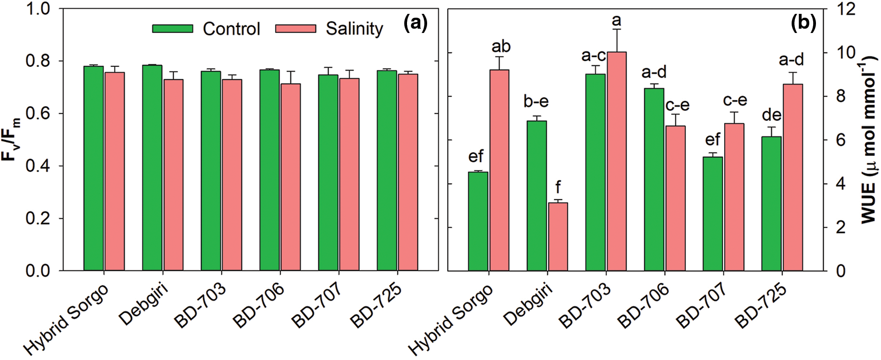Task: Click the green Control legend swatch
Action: (173, 29)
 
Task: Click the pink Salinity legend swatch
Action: (296, 29)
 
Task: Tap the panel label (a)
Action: (415, 23)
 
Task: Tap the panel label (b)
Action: (804, 23)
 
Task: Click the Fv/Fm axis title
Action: (14, 140)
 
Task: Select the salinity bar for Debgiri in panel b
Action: (558, 237)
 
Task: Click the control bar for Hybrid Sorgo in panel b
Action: (478, 221)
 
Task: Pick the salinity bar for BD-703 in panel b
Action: (617, 161)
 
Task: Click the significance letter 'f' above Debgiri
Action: (558, 187)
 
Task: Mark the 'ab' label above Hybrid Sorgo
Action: (501, 47)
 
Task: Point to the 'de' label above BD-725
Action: (771, 115)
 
